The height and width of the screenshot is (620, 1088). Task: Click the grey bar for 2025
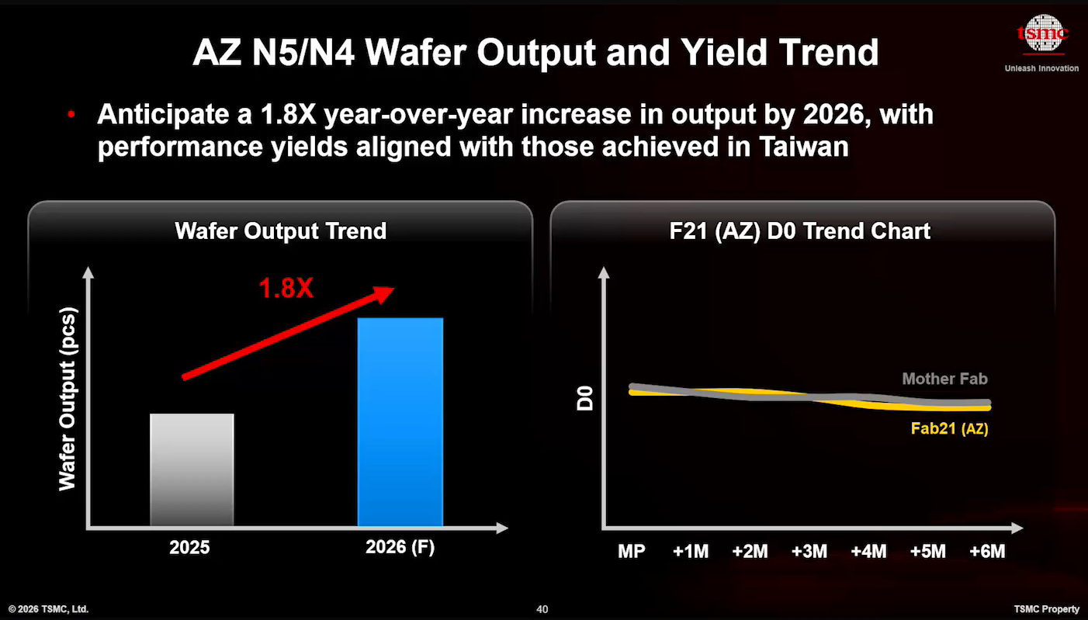click(192, 469)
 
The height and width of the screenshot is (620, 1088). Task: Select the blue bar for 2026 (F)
click(400, 422)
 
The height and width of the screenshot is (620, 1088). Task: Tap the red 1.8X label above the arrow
click(286, 288)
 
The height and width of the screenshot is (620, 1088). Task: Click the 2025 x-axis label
click(189, 548)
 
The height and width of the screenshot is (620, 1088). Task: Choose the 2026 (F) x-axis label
click(400, 547)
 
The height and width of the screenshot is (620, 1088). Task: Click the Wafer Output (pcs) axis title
click(68, 399)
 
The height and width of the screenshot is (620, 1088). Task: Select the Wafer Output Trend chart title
click(281, 230)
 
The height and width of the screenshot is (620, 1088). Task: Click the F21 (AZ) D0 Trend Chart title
click(800, 231)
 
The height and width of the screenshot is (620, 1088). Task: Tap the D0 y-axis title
click(585, 399)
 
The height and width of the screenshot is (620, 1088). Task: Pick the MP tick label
click(632, 552)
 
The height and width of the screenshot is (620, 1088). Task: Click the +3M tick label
click(809, 552)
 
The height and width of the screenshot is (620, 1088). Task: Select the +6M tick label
click(987, 552)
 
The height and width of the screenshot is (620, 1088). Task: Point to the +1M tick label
click(691, 552)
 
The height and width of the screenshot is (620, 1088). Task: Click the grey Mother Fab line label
click(944, 379)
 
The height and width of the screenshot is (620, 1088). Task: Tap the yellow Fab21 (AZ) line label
click(950, 428)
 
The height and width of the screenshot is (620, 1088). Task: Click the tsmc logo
click(1042, 33)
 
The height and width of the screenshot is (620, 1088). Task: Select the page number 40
click(542, 609)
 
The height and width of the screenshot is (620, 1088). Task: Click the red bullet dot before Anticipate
click(71, 115)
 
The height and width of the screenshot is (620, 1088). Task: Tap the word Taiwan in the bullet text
click(804, 147)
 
